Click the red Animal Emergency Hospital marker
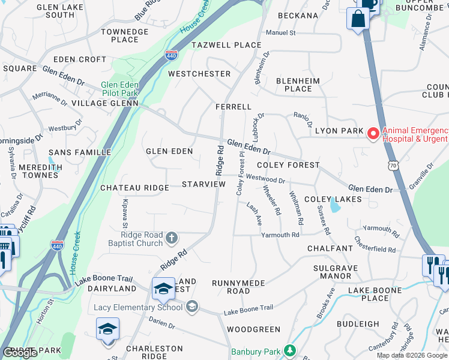click(373, 133)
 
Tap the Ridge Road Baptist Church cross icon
click(172, 238)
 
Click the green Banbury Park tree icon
click(290, 350)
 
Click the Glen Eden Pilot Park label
click(120, 89)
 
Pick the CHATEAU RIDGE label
click(134, 188)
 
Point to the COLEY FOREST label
click(288, 165)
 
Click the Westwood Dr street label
click(265, 178)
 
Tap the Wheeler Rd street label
click(271, 200)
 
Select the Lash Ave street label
click(254, 213)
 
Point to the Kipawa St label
click(125, 214)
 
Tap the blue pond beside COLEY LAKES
click(334, 208)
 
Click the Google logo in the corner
click(20, 353)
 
